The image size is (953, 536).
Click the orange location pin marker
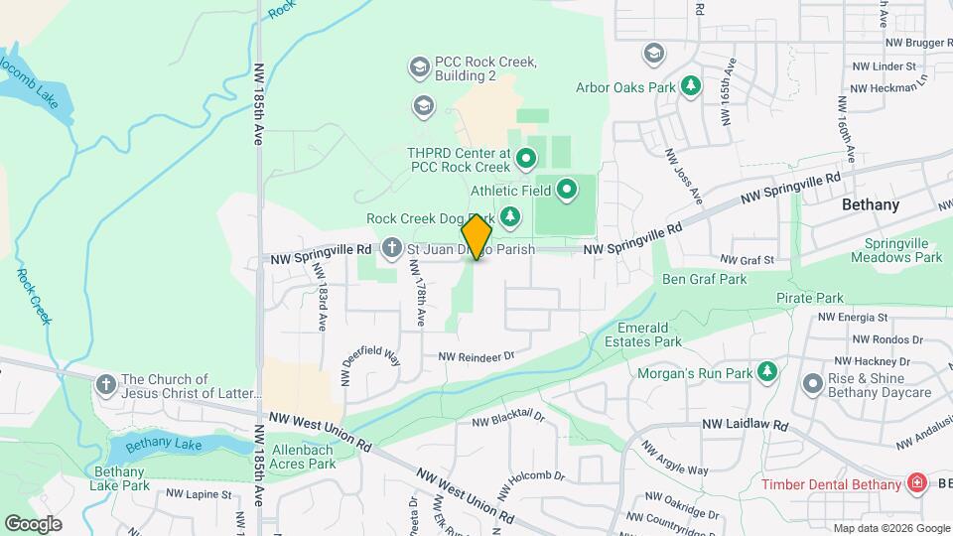tap(476, 236)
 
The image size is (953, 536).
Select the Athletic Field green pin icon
tap(567, 187)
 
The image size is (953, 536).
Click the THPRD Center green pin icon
tap(526, 156)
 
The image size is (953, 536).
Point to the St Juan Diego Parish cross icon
tap(392, 248)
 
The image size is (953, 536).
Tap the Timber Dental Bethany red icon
tap(917, 483)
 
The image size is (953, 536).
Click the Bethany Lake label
tap(163, 443)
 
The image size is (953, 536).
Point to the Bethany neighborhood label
tap(870, 205)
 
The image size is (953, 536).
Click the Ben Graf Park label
tap(704, 279)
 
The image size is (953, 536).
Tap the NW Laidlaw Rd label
tap(745, 424)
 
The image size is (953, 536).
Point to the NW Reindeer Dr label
tap(477, 355)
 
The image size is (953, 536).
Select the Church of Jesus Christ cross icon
tap(106, 384)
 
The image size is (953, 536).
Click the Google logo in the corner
tap(33, 523)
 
